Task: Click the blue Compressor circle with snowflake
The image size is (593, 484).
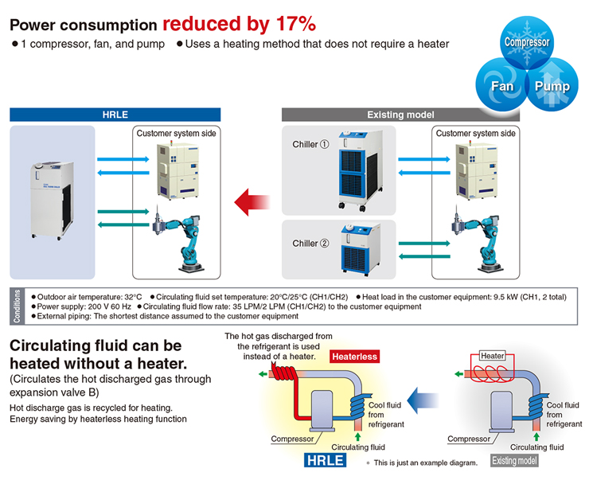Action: coord(527,42)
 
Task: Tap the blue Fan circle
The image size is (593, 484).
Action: coord(501,84)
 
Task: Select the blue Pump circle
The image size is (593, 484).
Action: coord(552,84)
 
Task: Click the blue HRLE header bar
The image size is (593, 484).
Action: coord(115,115)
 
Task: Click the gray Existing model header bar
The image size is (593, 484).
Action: coord(400,115)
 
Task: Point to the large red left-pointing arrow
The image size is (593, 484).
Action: coord(252,202)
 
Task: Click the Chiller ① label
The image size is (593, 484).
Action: coord(310,144)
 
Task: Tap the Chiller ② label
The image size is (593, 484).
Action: coord(310,244)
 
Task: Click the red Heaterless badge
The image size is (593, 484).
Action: coord(354,357)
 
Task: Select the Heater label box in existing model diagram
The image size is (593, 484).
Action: coord(492,356)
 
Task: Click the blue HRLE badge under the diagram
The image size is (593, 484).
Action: coord(326,460)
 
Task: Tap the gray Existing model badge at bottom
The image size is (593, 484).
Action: coord(514,461)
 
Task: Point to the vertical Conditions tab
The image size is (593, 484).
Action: coord(17,306)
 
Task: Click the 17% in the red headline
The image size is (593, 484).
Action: coord(296,24)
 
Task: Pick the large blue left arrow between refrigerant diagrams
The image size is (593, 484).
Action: coord(423,400)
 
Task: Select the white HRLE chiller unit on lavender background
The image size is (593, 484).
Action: coord(52,201)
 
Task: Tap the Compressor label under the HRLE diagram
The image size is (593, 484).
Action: coord(292,439)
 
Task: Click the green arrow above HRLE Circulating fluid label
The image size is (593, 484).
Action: coord(357,437)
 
